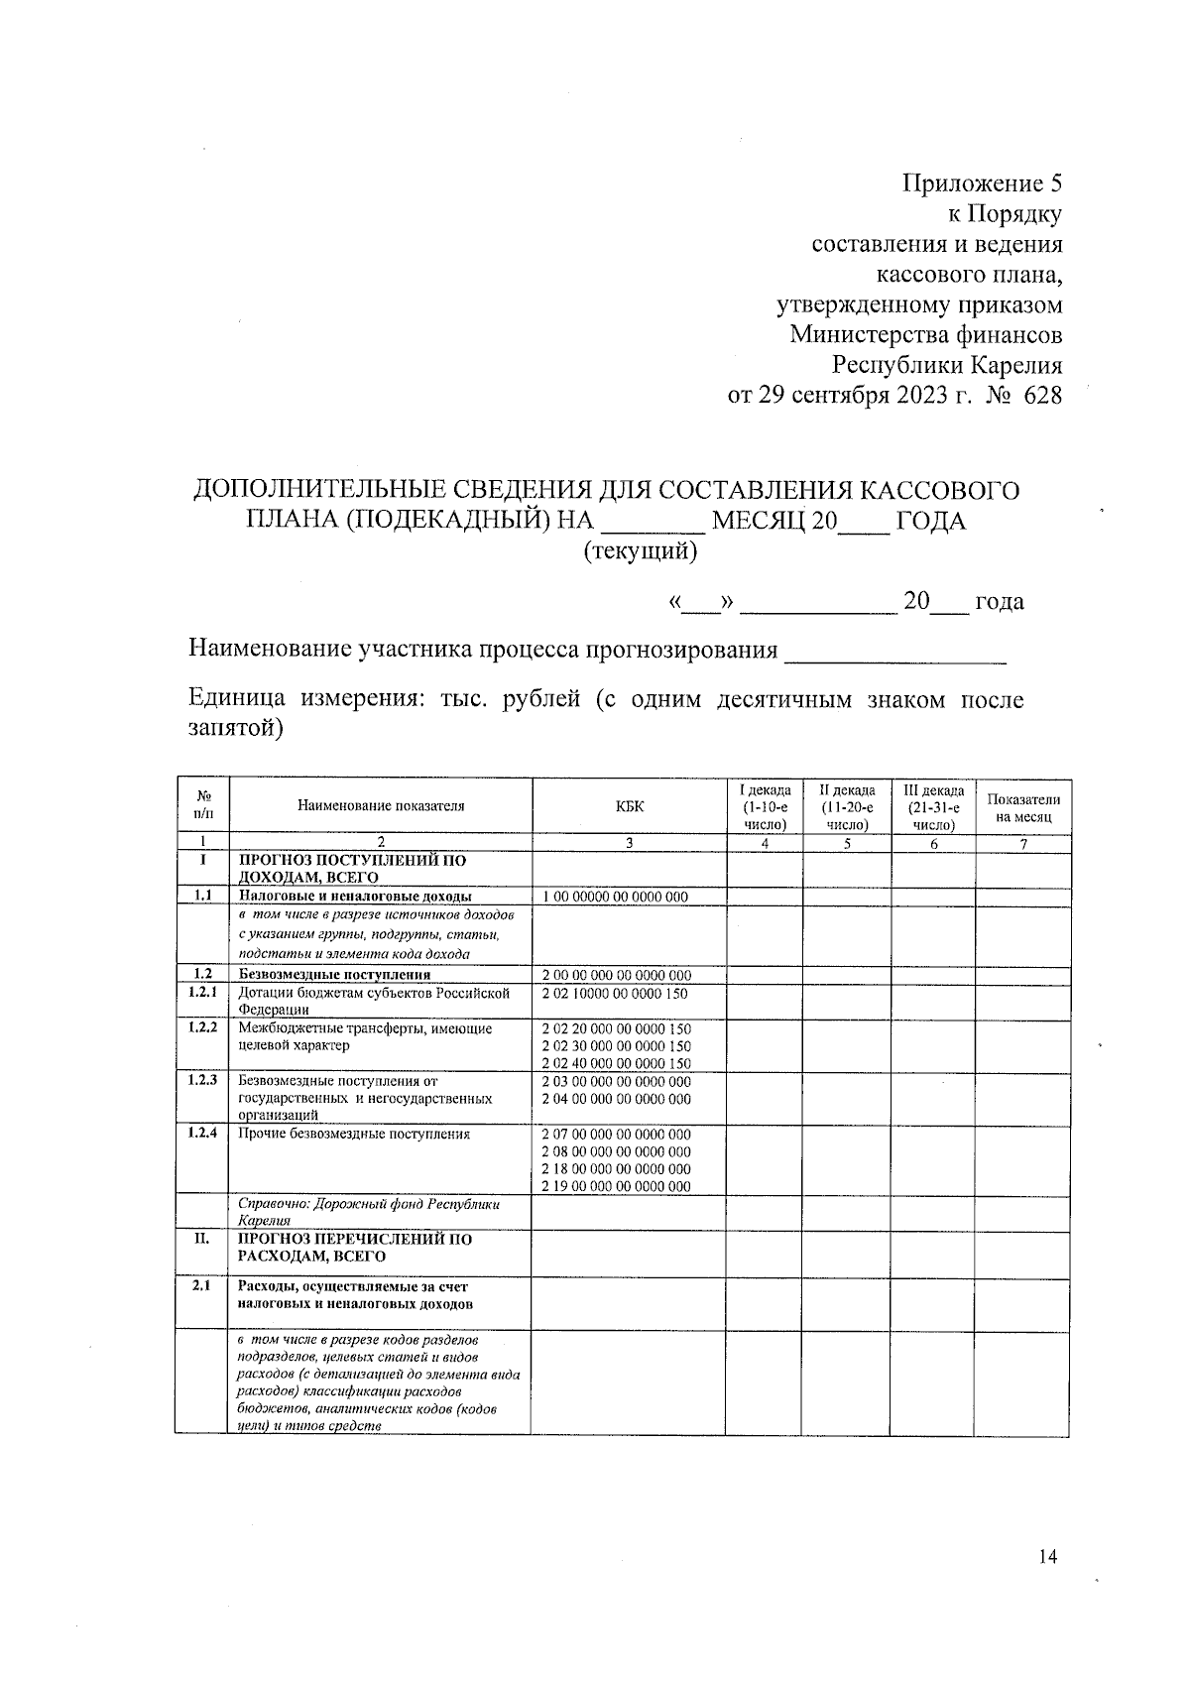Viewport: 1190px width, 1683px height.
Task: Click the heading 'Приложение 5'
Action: (981, 183)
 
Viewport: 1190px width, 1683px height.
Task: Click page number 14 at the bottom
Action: (1047, 1556)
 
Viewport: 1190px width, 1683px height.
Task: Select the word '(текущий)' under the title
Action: (640, 551)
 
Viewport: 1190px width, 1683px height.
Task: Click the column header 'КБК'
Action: (629, 806)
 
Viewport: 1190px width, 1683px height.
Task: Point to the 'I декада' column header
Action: (765, 806)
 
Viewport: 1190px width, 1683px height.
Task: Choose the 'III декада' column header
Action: (933, 806)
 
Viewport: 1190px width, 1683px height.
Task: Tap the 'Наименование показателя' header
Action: (381, 806)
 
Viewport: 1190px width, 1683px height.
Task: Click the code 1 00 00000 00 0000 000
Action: (615, 898)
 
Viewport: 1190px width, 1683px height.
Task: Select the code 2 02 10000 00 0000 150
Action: (615, 993)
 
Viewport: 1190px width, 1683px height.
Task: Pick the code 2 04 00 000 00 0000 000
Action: (616, 1099)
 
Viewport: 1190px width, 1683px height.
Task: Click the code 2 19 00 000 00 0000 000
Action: (616, 1186)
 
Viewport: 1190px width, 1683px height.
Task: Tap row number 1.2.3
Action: (202, 1080)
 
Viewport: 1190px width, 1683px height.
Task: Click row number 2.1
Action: (202, 1286)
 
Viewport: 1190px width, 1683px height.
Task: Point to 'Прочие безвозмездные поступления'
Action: (354, 1134)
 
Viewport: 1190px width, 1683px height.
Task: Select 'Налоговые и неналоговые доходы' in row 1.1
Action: (355, 897)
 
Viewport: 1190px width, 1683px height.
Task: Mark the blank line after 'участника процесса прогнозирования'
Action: (895, 655)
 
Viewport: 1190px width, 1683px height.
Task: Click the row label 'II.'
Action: (202, 1239)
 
